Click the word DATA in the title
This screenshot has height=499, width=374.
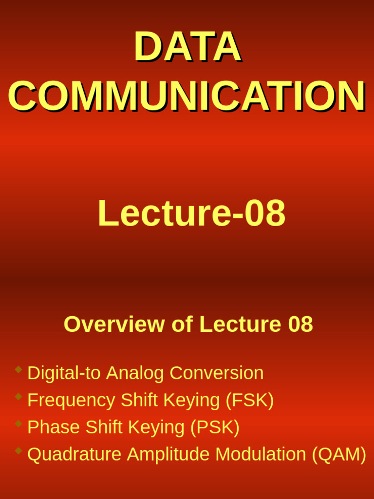pyautogui.click(x=187, y=47)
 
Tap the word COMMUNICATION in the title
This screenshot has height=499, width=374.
pyautogui.click(x=187, y=96)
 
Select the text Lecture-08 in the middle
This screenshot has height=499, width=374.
pyautogui.click(x=191, y=213)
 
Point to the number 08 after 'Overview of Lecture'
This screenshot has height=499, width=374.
pyautogui.click(x=300, y=324)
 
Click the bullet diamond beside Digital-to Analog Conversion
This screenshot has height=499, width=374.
pyautogui.click(x=19, y=369)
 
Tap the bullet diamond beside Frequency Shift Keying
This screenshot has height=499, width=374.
pyautogui.click(x=19, y=397)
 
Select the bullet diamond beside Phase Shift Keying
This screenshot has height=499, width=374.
pyautogui.click(x=19, y=423)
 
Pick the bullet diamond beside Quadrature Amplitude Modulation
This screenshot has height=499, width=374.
pyautogui.click(x=19, y=451)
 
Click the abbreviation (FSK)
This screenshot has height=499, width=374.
pyautogui.click(x=249, y=400)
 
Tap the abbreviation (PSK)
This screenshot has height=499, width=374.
pyautogui.click(x=215, y=427)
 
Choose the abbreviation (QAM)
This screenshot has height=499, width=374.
pyautogui.click(x=339, y=454)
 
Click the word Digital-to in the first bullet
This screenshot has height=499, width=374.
pyautogui.click(x=64, y=373)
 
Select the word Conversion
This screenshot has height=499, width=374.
pyautogui.click(x=216, y=373)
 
